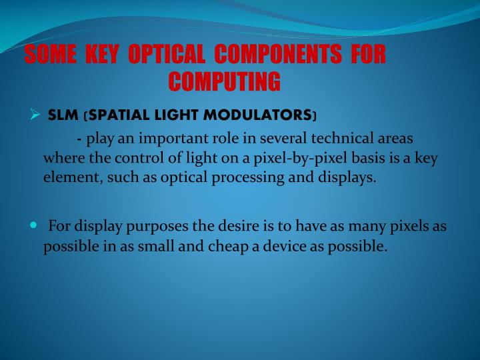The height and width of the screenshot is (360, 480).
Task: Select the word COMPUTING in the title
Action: pos(225,81)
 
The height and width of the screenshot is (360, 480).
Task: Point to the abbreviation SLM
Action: pos(63,115)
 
